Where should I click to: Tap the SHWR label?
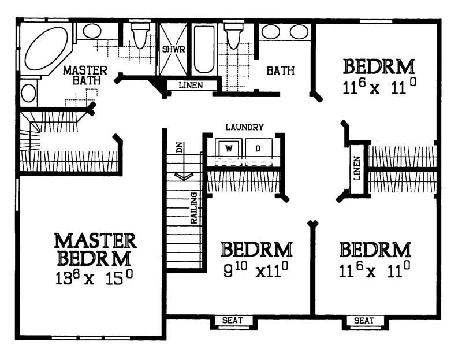[173, 50]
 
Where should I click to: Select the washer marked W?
[229, 149]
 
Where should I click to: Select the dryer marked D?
[258, 149]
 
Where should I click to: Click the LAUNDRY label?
[245, 127]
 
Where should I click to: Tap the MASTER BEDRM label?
[95, 248]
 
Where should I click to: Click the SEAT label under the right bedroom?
[364, 320]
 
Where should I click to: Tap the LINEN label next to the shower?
[191, 86]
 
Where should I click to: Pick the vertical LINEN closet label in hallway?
[357, 168]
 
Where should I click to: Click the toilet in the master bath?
[140, 38]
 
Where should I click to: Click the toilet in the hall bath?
[233, 38]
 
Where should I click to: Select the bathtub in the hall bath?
[203, 49]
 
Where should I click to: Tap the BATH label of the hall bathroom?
[281, 71]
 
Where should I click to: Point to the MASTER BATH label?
[82, 75]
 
